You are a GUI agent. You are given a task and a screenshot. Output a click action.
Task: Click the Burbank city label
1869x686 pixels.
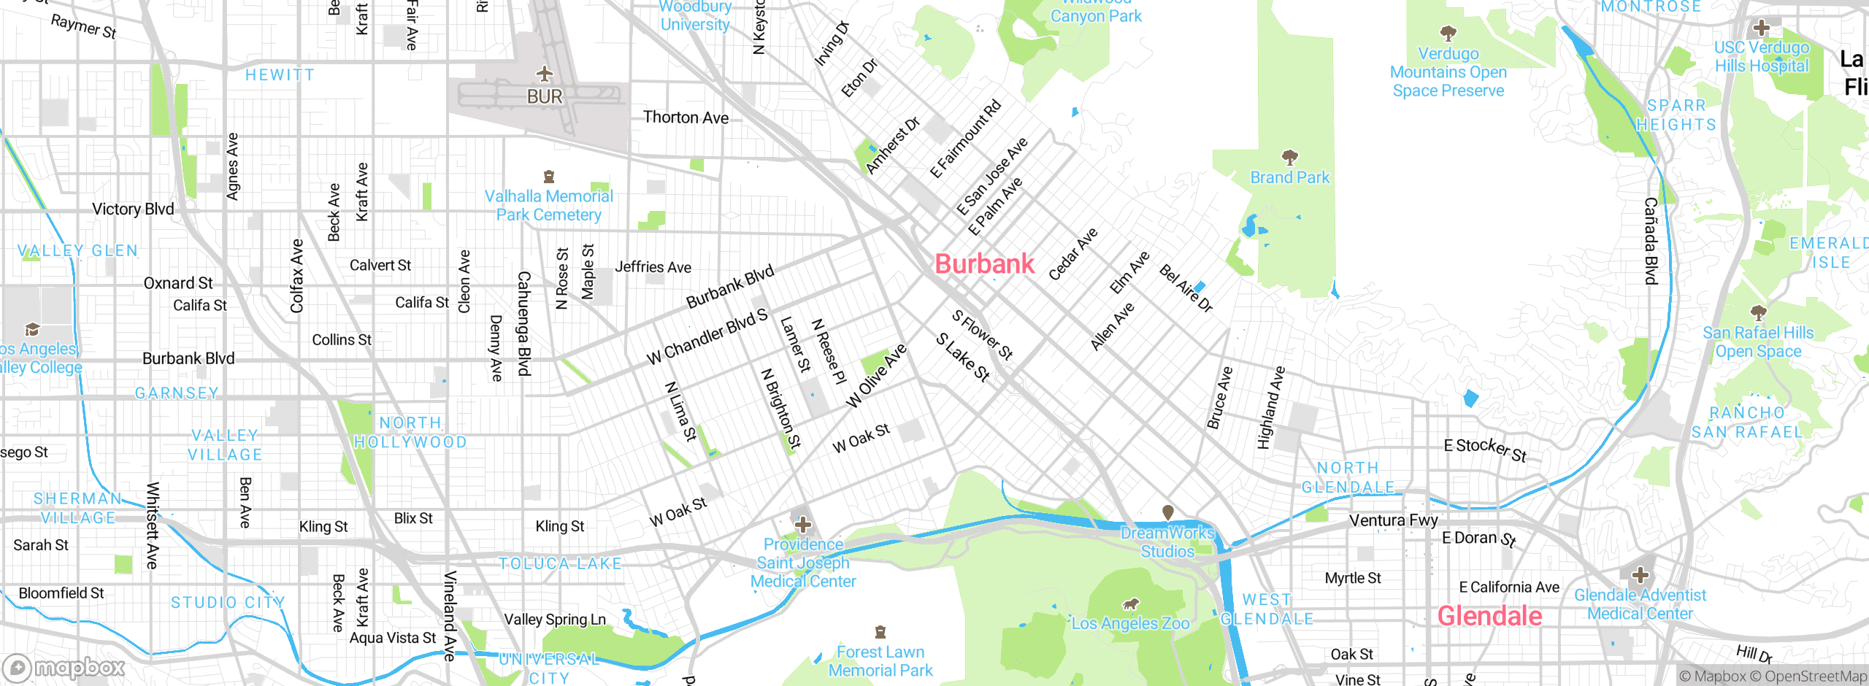tap(984, 264)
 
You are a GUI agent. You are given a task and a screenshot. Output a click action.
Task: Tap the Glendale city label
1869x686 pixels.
tap(1489, 617)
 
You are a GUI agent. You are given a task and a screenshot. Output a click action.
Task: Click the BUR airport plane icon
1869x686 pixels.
tap(545, 74)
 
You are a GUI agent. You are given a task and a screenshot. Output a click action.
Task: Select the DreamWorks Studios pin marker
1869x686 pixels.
tap(1167, 512)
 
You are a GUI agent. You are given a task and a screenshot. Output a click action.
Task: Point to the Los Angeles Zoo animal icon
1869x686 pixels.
tap(1130, 604)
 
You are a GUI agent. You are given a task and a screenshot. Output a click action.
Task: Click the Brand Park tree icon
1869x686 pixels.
tap(1290, 158)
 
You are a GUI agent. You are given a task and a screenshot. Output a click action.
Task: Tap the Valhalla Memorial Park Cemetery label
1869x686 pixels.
tap(549, 206)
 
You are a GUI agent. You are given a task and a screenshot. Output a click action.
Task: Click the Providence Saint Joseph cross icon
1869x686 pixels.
tap(803, 525)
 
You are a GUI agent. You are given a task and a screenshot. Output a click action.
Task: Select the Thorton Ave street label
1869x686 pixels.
tap(686, 117)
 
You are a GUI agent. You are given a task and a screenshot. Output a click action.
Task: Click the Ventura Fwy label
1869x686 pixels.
tap(1393, 520)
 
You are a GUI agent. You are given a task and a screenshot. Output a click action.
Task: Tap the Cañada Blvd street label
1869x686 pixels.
tap(1651, 241)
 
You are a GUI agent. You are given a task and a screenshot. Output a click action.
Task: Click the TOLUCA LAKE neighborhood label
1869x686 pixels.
tap(560, 563)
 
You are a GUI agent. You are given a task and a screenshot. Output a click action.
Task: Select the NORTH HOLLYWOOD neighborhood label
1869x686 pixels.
tap(410, 433)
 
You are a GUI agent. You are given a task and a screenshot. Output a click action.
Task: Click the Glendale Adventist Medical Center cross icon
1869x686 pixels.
tap(1640, 575)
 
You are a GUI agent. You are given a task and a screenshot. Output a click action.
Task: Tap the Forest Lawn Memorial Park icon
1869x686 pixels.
tap(880, 632)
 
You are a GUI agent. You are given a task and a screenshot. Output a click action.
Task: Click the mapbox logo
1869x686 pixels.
tap(64, 667)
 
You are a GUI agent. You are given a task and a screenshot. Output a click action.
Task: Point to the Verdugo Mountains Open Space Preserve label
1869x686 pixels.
tap(1448, 72)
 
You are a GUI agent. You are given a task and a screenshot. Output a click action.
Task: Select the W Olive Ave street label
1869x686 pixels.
tap(876, 376)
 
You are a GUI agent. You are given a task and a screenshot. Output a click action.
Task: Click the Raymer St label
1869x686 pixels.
tap(83, 27)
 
